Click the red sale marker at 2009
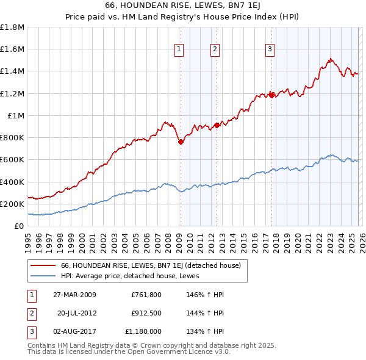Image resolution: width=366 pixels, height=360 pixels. click(x=181, y=142)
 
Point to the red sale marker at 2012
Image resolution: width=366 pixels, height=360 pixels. click(x=217, y=125)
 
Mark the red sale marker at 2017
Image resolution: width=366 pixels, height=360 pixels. click(x=271, y=95)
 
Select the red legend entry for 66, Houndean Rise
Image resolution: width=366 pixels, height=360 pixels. click(x=151, y=265)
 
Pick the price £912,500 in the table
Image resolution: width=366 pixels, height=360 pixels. click(x=146, y=313)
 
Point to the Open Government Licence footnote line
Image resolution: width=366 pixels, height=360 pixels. click(x=129, y=352)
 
